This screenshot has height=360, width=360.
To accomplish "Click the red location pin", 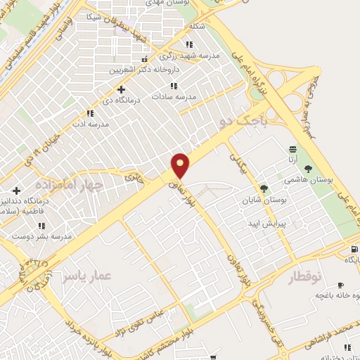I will [x=181, y=165].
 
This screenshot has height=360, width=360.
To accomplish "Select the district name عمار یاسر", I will [x=85, y=276].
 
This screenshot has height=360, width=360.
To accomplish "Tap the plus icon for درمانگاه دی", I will [x=122, y=90].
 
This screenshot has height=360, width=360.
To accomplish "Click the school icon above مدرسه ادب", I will [x=90, y=113].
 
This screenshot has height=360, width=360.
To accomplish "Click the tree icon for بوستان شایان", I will [x=264, y=188].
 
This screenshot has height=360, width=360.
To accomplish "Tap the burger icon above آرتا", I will [x=292, y=149].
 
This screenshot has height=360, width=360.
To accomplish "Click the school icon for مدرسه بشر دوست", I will [x=41, y=226].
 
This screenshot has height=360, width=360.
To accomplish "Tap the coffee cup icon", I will [x=341, y=285].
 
